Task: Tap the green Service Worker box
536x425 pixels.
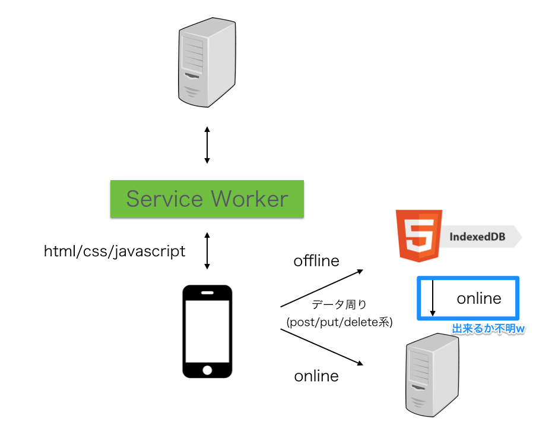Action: point(207,199)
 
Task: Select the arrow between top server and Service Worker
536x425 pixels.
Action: point(207,144)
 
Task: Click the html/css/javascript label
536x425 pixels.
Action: point(115,251)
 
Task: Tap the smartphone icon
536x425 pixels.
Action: point(207,330)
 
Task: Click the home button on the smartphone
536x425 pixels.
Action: point(207,369)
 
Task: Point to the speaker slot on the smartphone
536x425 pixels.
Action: point(207,293)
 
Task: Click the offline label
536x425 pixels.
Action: point(316,261)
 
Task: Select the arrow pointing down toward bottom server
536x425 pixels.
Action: point(321,347)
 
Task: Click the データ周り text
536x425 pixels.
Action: point(339,304)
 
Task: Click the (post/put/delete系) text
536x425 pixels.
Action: point(339,322)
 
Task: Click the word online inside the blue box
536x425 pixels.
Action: point(479,298)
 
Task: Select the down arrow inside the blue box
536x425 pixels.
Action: point(433,297)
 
